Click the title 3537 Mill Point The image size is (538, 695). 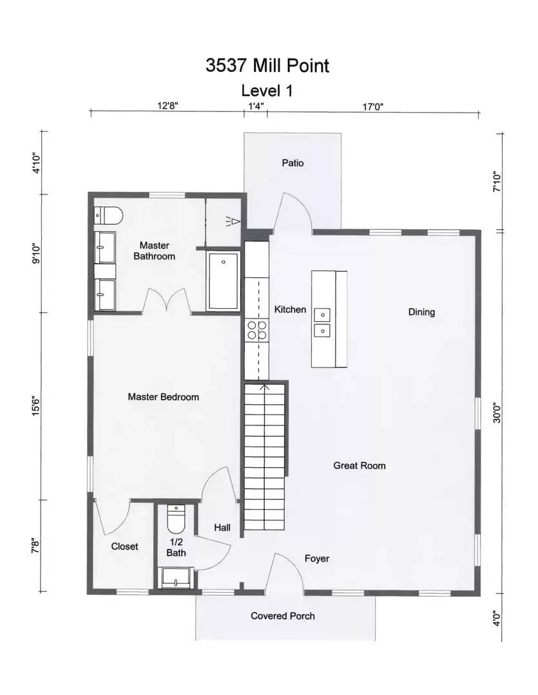pyautogui.click(x=267, y=65)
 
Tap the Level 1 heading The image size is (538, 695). pyautogui.click(x=267, y=91)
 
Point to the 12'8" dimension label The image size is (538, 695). pyautogui.click(x=168, y=106)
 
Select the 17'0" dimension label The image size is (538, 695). pyautogui.click(x=373, y=106)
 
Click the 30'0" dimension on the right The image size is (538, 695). pyautogui.click(x=497, y=412)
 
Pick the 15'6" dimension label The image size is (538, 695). pyautogui.click(x=36, y=405)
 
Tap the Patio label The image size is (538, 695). pyautogui.click(x=293, y=163)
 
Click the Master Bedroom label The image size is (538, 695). pyautogui.click(x=164, y=397)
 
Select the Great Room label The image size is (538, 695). pyautogui.click(x=360, y=465)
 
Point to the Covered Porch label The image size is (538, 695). pyautogui.click(x=283, y=616)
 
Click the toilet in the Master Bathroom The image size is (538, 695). pyautogui.click(x=108, y=216)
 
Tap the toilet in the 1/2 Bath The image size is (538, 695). pyautogui.click(x=177, y=519)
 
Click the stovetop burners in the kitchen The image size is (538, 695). pyautogui.click(x=257, y=330)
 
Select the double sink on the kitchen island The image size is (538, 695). pyautogui.click(x=322, y=322)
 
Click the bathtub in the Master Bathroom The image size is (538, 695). pyautogui.click(x=224, y=281)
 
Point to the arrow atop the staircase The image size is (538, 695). pyautogui.click(x=265, y=389)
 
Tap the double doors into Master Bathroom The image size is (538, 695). pyautogui.click(x=167, y=301)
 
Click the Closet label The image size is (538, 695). pyautogui.click(x=125, y=546)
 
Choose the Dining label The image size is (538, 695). pyautogui.click(x=421, y=312)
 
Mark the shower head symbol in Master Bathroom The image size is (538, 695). pyautogui.click(x=233, y=221)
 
